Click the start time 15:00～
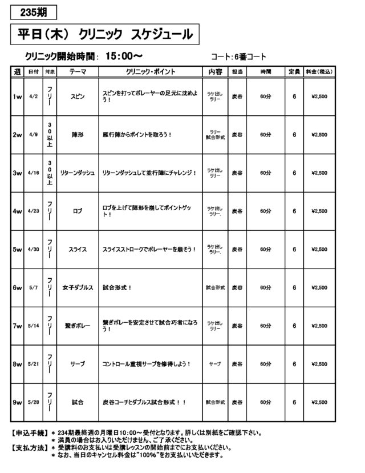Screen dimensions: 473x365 [123, 56]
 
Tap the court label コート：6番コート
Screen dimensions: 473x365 [238, 57]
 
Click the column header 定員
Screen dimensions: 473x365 [294, 72]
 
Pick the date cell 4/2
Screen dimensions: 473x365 [33, 97]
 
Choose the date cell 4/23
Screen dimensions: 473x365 [33, 211]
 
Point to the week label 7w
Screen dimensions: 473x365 [17, 326]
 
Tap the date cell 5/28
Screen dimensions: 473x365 [33, 402]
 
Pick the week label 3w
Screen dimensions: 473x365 [17, 173]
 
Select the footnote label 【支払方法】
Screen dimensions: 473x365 [29, 448]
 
